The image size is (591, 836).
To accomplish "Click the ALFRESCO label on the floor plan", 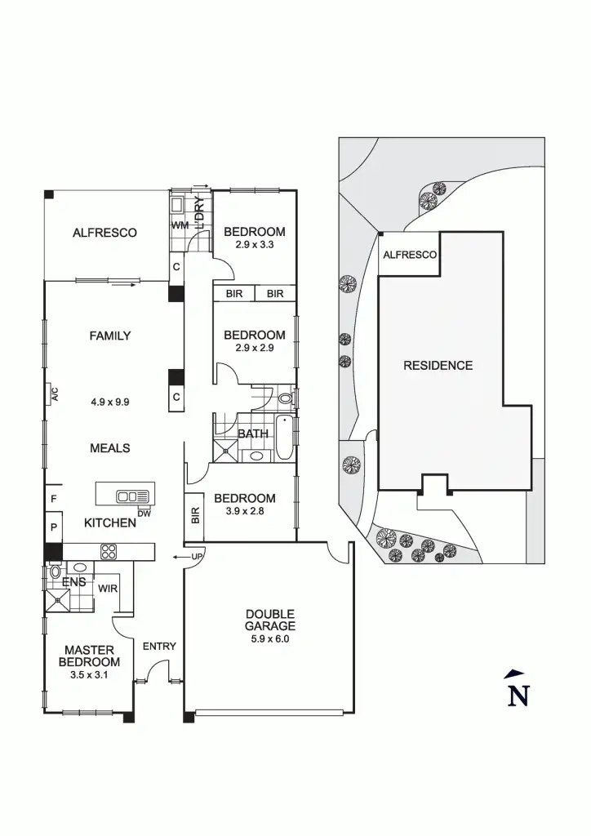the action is (104, 233).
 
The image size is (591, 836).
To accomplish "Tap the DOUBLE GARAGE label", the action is (270, 620).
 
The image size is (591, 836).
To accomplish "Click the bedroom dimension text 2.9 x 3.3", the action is (255, 245).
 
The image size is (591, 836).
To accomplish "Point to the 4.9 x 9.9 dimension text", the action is (111, 402).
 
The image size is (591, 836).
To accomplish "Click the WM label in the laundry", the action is (179, 225).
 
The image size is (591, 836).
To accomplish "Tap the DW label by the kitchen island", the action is (144, 514).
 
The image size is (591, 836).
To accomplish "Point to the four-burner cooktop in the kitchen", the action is (109, 552).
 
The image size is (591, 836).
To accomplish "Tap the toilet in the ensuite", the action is (55, 572).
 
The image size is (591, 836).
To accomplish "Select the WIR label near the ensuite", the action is (107, 588).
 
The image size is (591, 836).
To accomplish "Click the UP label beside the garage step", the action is (195, 557).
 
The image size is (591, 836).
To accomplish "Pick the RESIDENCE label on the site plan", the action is (438, 366).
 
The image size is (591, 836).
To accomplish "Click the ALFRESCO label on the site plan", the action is (410, 255).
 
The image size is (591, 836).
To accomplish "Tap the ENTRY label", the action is (159, 647).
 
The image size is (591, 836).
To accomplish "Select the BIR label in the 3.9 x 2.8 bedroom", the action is (195, 516).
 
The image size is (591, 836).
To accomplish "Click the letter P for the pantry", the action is (53, 528).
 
